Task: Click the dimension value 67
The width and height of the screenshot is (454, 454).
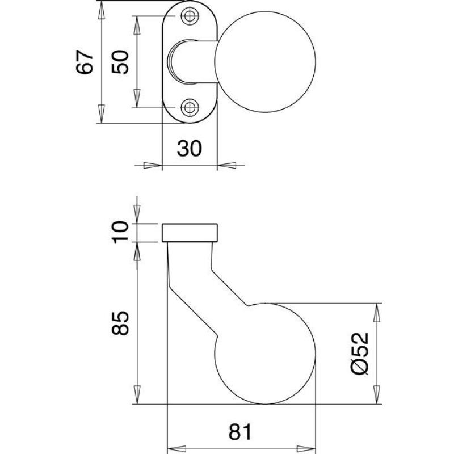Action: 85,62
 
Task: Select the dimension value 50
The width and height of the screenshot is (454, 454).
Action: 120,62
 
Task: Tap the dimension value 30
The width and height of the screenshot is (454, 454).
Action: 189,148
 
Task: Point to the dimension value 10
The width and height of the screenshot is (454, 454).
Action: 120,232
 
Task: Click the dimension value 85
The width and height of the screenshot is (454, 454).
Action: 120,323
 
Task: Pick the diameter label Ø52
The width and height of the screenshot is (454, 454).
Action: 360,354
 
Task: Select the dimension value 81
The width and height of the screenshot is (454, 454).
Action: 240,432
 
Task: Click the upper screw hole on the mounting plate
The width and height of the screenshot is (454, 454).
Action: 190,16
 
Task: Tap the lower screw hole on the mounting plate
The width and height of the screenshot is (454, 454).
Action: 190,108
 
